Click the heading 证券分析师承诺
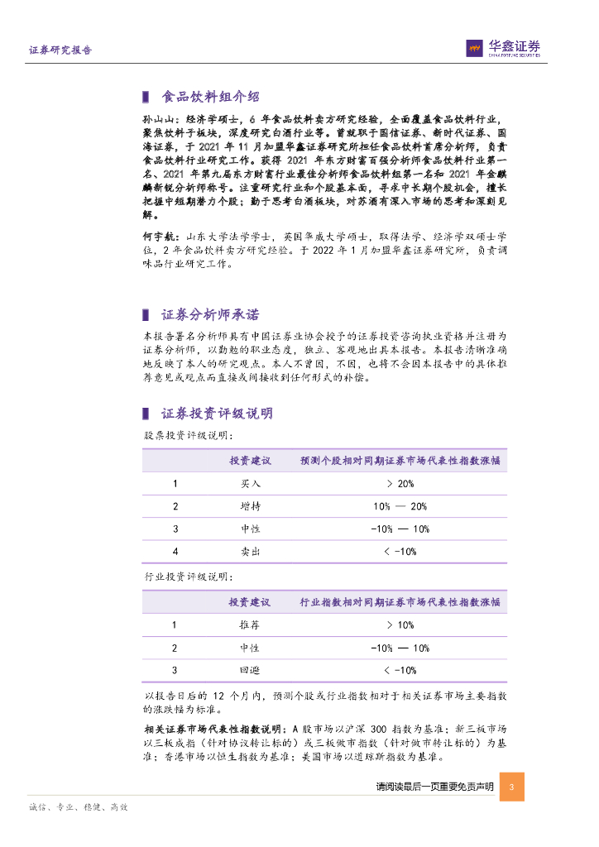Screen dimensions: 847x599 click(x=209, y=314)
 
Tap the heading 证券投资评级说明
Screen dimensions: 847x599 click(x=216, y=414)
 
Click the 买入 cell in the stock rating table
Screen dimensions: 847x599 click(x=250, y=484)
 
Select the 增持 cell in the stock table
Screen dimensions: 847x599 click(x=250, y=506)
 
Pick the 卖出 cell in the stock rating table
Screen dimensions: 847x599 click(x=250, y=551)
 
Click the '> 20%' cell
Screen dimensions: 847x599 click(x=400, y=484)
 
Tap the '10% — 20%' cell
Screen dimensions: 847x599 click(x=400, y=506)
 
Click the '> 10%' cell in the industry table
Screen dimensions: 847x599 click(x=400, y=625)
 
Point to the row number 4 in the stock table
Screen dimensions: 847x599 click(x=175, y=551)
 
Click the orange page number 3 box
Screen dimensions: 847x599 click(x=512, y=787)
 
